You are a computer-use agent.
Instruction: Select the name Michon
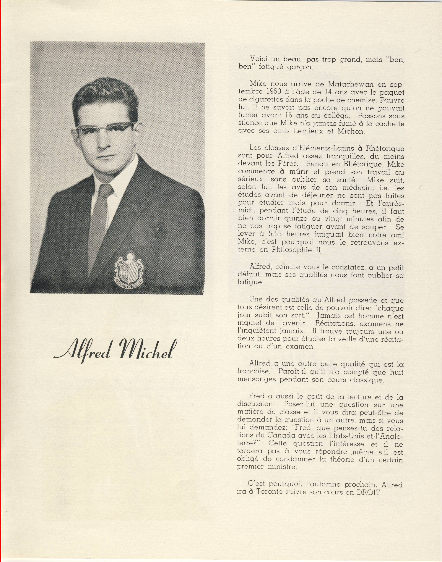[x=351, y=131]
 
